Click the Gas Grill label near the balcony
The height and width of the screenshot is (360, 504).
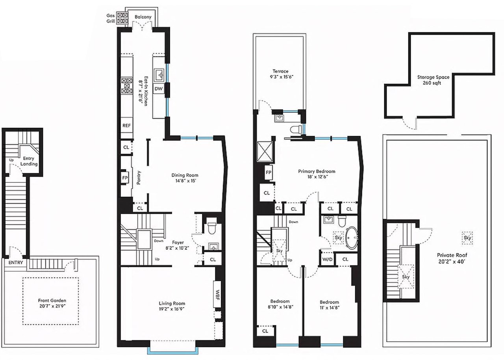[x=110, y=18]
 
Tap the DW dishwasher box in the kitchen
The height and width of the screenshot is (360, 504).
[x=158, y=89]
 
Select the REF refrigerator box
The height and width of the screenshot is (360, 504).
[x=126, y=126]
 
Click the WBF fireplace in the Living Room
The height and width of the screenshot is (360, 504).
[x=217, y=293]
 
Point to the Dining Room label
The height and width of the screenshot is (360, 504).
[x=185, y=175]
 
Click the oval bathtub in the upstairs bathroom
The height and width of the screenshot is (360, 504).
[x=352, y=238]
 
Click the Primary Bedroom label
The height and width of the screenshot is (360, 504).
[x=317, y=171]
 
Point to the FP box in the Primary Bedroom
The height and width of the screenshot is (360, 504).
[x=269, y=172]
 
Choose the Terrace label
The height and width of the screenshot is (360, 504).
[x=280, y=71]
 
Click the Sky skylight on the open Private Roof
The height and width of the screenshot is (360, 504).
[x=467, y=238]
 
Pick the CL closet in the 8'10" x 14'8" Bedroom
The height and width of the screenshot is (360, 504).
[x=265, y=331]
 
